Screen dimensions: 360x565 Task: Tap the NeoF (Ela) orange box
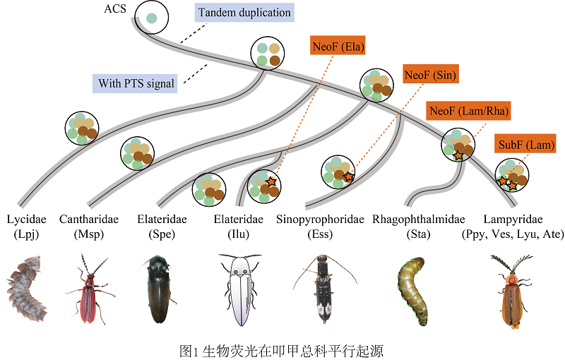click(x=341, y=47)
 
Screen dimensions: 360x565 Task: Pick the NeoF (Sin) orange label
click(x=431, y=74)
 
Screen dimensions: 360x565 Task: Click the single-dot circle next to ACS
click(x=151, y=18)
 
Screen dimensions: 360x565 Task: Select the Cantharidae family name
click(x=89, y=220)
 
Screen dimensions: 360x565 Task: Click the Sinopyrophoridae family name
click(x=320, y=220)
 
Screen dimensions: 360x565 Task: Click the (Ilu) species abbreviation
click(x=238, y=234)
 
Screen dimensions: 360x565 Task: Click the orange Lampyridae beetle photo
click(x=511, y=293)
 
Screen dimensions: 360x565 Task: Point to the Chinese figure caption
click(x=282, y=349)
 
